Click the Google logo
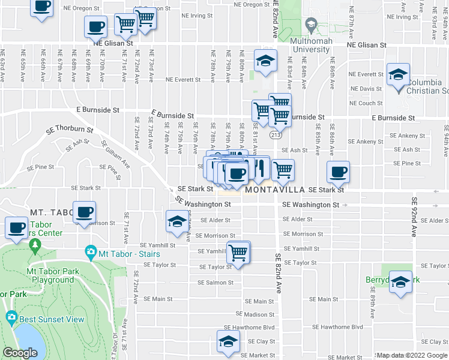[20, 353]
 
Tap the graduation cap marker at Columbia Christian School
[398, 75]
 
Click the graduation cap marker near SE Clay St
[228, 343]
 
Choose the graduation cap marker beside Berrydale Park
[400, 281]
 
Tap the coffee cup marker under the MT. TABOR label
[85, 212]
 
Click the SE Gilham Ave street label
[116, 154]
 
